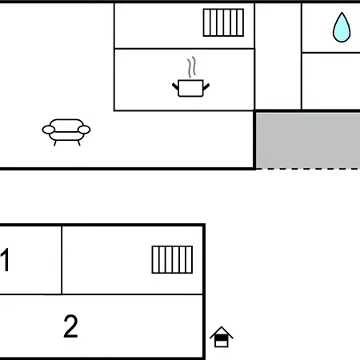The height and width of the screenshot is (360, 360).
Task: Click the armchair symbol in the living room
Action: pyautogui.click(x=66, y=132)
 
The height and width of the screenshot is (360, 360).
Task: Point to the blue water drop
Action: pyautogui.click(x=342, y=27)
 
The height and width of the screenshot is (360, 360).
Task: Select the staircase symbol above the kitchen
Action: pyautogui.click(x=223, y=22)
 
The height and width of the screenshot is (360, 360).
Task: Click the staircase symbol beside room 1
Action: pyautogui.click(x=172, y=259)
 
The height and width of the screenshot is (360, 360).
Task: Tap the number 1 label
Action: pyautogui.click(x=5, y=260)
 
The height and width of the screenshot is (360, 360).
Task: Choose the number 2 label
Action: pyautogui.click(x=70, y=326)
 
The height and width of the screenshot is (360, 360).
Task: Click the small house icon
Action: pyautogui.click(x=222, y=337)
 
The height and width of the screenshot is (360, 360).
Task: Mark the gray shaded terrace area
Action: pyautogui.click(x=308, y=141)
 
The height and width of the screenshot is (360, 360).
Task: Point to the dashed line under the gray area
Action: pyautogui.click(x=308, y=169)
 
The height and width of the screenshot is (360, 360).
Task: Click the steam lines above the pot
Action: pyautogui.click(x=192, y=67)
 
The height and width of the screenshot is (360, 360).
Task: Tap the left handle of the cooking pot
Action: pyautogui.click(x=175, y=86)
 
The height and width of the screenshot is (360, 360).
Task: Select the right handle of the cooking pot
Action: pyautogui.click(x=206, y=86)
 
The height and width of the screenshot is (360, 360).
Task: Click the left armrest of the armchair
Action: pyautogui.click(x=49, y=130)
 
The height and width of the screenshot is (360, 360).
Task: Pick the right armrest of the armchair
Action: pyautogui.click(x=84, y=130)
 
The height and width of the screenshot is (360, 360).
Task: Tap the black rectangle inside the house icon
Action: pyautogui.click(x=222, y=338)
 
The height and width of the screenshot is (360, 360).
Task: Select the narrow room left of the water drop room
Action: pyautogui.click(x=278, y=56)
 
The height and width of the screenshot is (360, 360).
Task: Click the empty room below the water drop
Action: pyautogui.click(x=331, y=81)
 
